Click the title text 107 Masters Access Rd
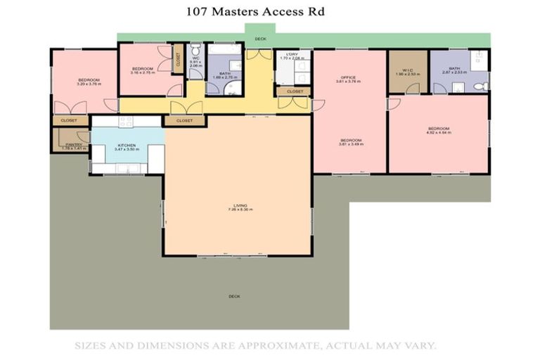tap(255, 11)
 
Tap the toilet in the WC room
tap(195, 50)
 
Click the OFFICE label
tap(349, 77)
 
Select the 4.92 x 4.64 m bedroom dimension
tap(438, 132)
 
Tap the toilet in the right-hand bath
tap(481, 86)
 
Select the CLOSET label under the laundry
tap(295, 91)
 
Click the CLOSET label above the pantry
tap(69, 120)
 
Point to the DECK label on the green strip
tap(260, 39)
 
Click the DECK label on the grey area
tap(234, 296)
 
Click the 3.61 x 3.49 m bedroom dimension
tap(350, 144)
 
